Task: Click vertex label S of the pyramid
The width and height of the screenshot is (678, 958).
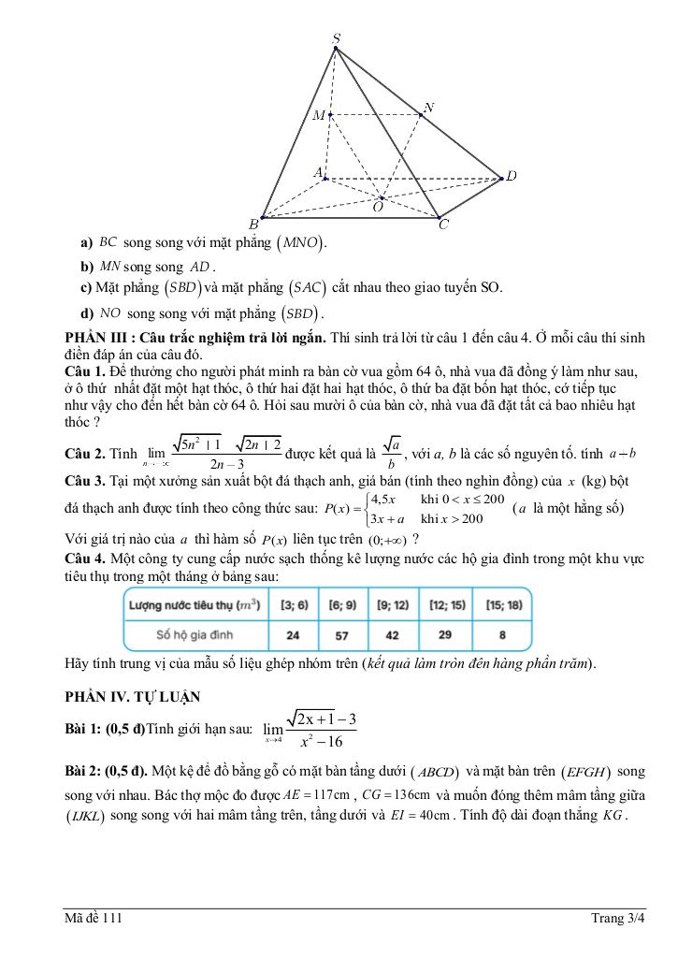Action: coord(337,37)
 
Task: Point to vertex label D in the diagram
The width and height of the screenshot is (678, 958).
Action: coord(512,176)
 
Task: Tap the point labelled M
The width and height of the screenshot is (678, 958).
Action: coord(319,115)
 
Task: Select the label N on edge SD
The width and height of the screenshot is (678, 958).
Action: coord(428,108)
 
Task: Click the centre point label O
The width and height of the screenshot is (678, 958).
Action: coord(377,208)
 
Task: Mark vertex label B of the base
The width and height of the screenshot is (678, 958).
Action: coord(252,225)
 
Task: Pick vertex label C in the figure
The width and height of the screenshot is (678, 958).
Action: coord(443,225)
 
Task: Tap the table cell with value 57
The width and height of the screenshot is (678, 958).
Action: coord(341,635)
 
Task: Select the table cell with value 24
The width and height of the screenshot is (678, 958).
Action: coord(291,635)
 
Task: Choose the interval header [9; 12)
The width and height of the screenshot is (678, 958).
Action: coord(393,605)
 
